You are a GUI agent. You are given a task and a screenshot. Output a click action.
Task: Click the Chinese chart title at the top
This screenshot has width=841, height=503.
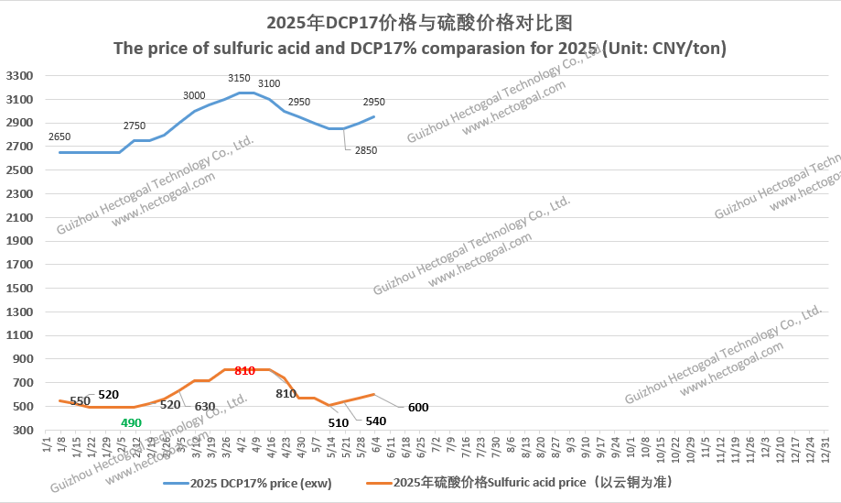[420, 21]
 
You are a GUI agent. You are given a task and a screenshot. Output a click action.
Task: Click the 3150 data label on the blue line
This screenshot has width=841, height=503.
[239, 79]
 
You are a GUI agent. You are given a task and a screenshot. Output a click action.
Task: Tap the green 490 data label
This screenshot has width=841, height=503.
[131, 422]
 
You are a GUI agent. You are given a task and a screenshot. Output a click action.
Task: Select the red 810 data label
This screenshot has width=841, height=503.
[244, 371]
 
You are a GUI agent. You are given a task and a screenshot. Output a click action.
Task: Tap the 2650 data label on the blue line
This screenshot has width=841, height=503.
[59, 137]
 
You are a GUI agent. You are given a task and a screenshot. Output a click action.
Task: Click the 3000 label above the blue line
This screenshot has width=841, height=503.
[194, 95]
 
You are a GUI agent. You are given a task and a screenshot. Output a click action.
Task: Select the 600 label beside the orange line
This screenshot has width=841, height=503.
[418, 408]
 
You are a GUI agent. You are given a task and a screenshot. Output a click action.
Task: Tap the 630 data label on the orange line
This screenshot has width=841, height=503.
[204, 406]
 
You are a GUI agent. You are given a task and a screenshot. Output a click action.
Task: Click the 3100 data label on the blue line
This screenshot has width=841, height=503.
[269, 84]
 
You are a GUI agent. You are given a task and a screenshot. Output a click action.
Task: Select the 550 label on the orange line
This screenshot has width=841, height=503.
[81, 401]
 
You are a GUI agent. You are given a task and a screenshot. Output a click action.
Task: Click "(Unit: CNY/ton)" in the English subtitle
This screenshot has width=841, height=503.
[665, 48]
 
